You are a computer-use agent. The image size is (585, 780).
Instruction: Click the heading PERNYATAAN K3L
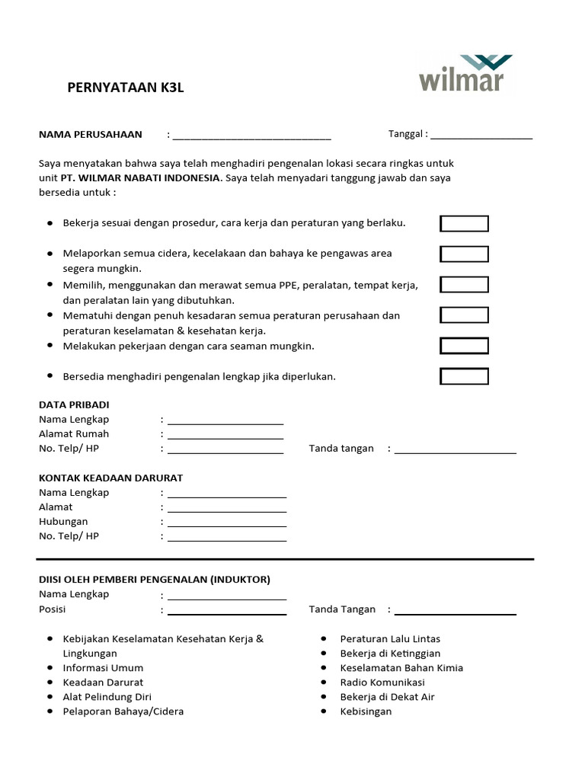(126, 88)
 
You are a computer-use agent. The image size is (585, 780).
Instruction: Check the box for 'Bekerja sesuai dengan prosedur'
(464, 223)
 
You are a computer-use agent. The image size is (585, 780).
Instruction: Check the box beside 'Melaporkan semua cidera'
(464, 254)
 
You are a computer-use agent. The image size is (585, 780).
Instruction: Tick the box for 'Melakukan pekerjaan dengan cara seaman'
(464, 346)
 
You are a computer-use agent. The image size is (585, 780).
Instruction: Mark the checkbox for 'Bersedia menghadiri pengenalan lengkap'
(464, 376)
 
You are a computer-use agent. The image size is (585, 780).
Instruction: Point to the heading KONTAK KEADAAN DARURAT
(110, 478)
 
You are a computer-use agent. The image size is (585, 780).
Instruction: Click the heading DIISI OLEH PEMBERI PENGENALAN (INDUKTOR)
(154, 579)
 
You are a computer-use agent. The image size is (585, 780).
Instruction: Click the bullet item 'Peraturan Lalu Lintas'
(390, 638)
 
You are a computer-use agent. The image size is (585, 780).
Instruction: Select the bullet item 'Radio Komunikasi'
(382, 682)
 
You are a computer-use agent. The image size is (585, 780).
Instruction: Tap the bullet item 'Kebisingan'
(366, 711)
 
